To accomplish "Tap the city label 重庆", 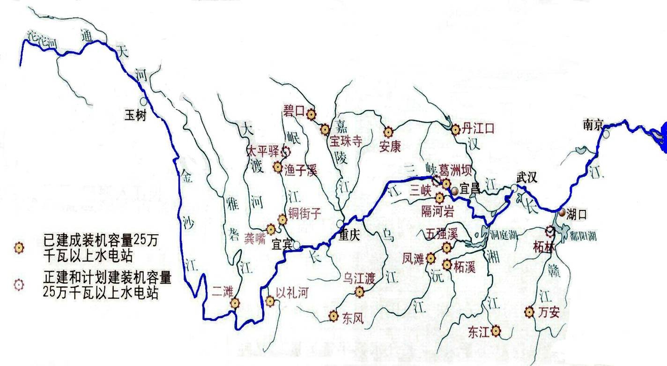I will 349,236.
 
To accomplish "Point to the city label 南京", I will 594,125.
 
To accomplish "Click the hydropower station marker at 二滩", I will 235,303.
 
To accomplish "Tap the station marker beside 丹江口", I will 456,129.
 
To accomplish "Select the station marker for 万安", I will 529,312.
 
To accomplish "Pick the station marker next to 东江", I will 495,331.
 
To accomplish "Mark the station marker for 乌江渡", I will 359,292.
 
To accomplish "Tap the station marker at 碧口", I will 311,113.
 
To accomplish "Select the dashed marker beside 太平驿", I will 285,151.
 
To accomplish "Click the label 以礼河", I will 292,293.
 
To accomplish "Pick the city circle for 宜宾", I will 296,244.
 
